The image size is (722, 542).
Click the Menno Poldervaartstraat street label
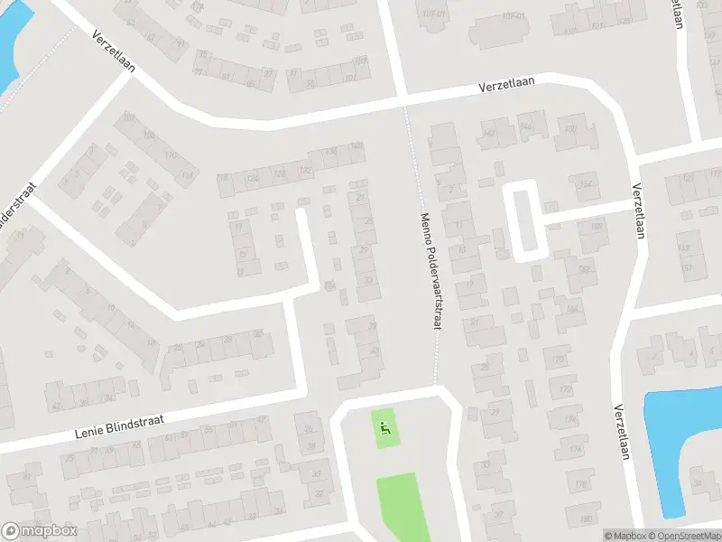click(x=430, y=270)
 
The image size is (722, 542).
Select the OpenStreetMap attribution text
click(x=682, y=536)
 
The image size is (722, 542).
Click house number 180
click(x=585, y=519)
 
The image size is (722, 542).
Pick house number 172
click(x=566, y=389)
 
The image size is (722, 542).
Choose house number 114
click(x=187, y=174)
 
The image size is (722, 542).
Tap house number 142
click(x=490, y=134)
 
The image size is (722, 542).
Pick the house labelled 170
click(x=558, y=360)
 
